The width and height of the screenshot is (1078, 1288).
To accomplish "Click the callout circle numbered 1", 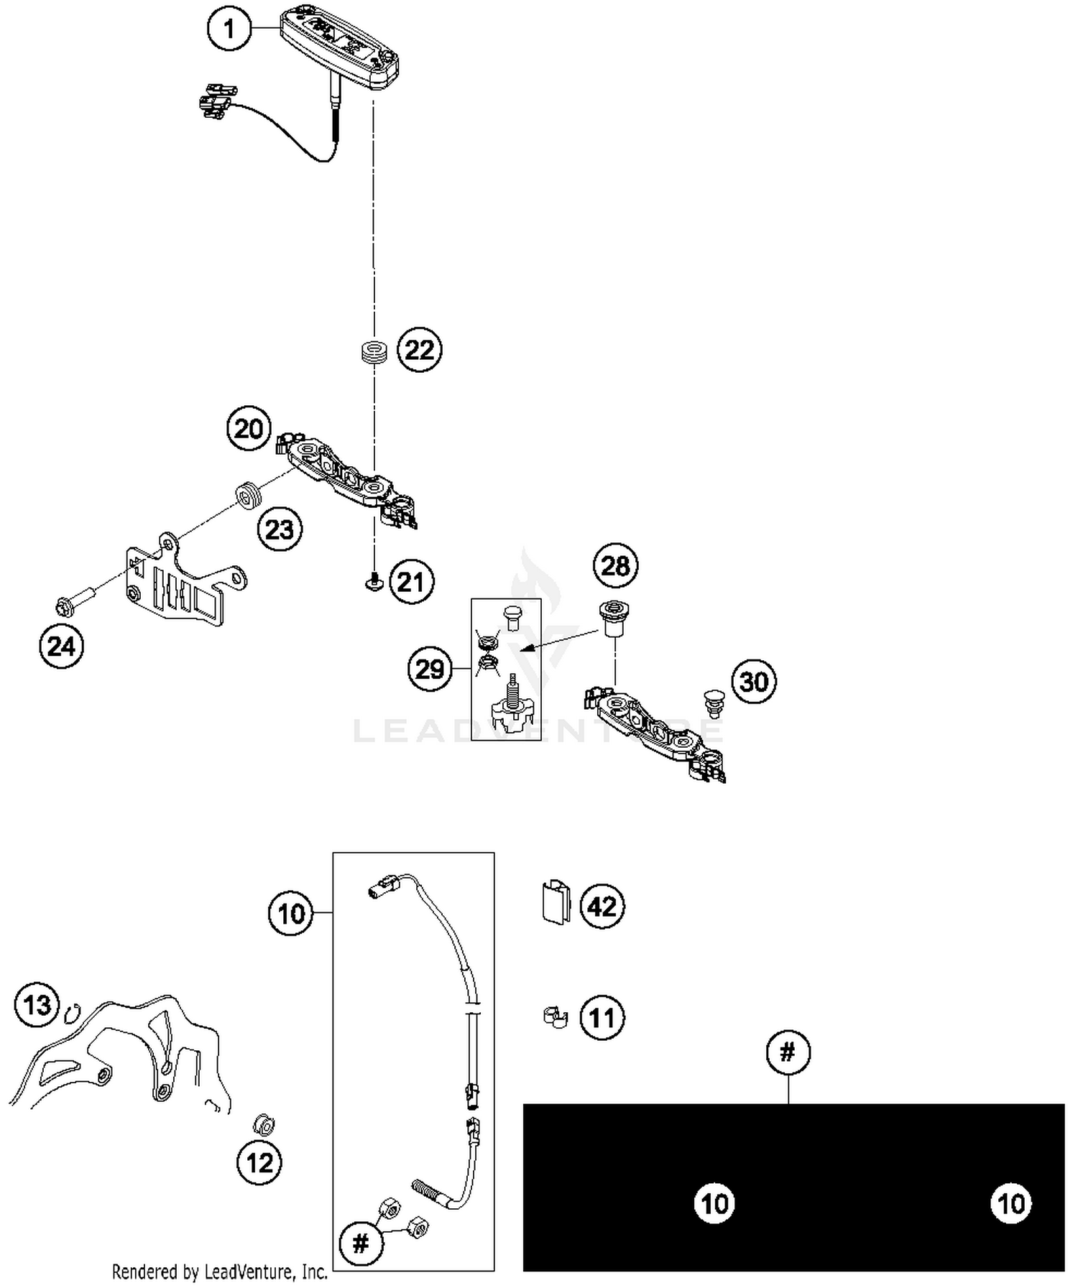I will (x=229, y=29).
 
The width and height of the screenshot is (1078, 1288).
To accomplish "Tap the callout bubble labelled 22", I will (x=420, y=350).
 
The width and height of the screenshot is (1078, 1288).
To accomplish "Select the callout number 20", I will (x=249, y=429).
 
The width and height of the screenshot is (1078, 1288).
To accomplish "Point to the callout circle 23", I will (x=280, y=529).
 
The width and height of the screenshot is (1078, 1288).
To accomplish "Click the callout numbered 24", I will (x=61, y=647).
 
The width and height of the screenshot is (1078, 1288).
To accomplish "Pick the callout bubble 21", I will (x=411, y=581).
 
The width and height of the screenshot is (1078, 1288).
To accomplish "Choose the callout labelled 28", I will (x=615, y=566).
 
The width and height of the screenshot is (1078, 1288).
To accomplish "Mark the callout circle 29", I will (x=430, y=669).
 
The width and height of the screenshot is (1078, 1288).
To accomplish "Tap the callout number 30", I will (x=754, y=681).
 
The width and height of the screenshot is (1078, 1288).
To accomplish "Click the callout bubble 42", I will (x=602, y=907).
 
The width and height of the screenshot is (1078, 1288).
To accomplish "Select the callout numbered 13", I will (x=37, y=1004).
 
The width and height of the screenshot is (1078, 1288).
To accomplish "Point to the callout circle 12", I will (x=259, y=1162).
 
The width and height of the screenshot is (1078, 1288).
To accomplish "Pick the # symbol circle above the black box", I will (x=788, y=1052).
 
